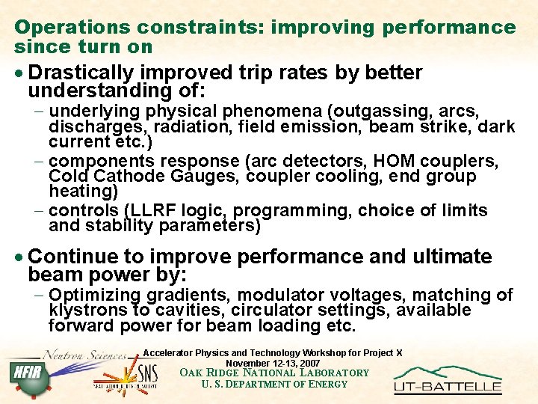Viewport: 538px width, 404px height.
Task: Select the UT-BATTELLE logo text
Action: [448, 387]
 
